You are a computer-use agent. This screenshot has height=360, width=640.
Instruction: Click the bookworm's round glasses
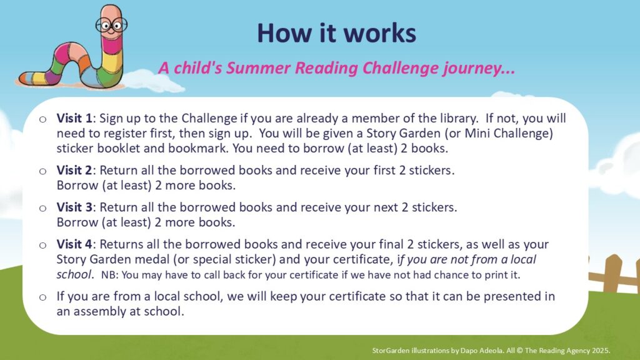pos(111,25)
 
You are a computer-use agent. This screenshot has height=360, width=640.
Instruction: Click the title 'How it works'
pos(337,33)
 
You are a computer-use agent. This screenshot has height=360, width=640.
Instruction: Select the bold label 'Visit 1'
pos(74,118)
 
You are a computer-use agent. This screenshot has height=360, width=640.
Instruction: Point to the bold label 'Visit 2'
pos(74,170)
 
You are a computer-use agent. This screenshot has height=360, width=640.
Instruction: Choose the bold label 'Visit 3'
pos(74,207)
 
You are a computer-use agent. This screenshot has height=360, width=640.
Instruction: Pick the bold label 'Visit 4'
pos(74,244)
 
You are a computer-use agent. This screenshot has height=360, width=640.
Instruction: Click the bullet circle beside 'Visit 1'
pos(43,119)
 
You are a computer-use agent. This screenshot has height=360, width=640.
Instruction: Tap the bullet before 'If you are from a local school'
pos(43,297)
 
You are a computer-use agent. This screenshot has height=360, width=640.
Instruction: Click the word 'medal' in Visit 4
pos(171,259)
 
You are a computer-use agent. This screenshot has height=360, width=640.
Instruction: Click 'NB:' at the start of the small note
pos(110,275)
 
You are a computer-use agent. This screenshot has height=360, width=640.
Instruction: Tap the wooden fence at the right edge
pos(614,274)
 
